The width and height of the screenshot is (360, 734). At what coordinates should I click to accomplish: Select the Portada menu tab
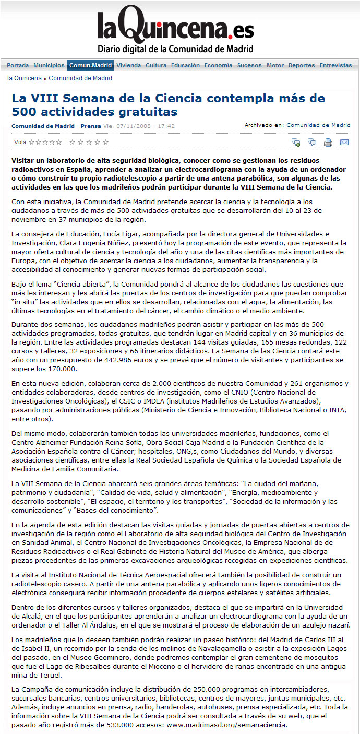tap(18, 66)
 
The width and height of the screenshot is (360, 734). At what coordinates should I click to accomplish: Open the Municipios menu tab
tap(49, 66)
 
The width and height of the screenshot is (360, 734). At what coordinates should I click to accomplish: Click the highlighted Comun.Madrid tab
tap(91, 66)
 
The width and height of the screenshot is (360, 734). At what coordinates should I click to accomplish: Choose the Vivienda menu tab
tap(128, 66)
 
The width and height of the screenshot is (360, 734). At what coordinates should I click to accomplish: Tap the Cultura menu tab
tap(156, 66)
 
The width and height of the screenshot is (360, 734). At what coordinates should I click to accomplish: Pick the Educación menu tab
tap(185, 66)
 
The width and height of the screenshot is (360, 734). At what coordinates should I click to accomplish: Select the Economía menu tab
tap(218, 66)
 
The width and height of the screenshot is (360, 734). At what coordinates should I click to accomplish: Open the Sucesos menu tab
tap(249, 66)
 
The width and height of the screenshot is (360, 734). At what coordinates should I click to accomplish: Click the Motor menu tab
tap(275, 66)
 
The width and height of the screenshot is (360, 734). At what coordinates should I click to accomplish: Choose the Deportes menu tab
tap(302, 66)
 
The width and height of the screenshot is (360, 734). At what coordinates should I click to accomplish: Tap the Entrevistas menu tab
tap(335, 66)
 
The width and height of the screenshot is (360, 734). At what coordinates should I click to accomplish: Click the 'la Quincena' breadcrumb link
tap(25, 78)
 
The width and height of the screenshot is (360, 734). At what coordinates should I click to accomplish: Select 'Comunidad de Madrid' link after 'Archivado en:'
tap(318, 125)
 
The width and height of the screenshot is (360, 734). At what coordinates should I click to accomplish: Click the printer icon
tap(328, 142)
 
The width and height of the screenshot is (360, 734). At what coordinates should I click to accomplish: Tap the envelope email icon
tap(344, 142)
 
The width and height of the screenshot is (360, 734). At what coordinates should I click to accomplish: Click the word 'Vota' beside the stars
tap(20, 142)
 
